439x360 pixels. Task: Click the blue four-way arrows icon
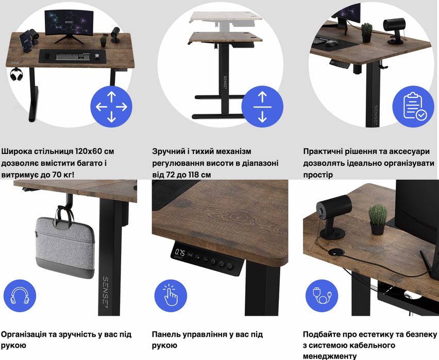[x=111, y=107]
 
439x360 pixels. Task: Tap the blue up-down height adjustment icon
[x=262, y=107]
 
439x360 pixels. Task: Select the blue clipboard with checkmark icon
[x=413, y=107]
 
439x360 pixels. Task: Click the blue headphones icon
[x=20, y=296]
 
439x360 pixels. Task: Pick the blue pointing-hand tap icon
[x=171, y=296]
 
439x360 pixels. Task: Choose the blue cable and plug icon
[x=322, y=296]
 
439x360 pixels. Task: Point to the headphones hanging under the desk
[x=16, y=74]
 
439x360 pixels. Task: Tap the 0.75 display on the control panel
[x=180, y=252]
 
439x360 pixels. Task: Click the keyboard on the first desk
[x=73, y=56]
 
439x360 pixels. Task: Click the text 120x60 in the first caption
[x=87, y=151]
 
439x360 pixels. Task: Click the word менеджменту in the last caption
[x=330, y=356]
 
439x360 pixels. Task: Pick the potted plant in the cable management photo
[x=378, y=219]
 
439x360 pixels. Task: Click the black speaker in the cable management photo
[x=333, y=216]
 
